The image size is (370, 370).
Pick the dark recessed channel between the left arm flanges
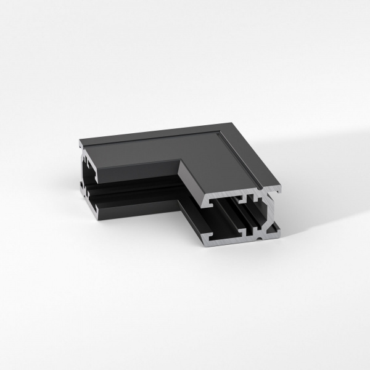pyautogui.click(x=133, y=188)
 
